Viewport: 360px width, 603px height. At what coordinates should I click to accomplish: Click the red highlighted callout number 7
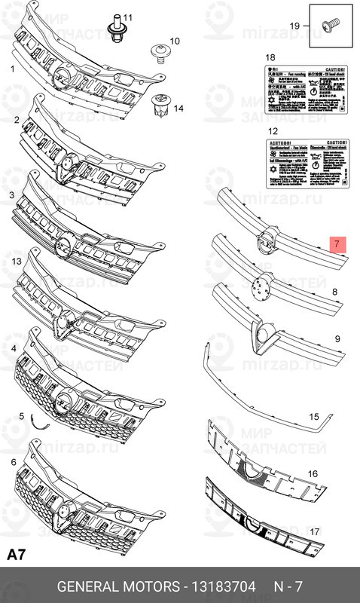(337, 244)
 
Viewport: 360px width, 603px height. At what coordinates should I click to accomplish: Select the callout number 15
(314, 416)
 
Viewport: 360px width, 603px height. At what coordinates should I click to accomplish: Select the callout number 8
(334, 291)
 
